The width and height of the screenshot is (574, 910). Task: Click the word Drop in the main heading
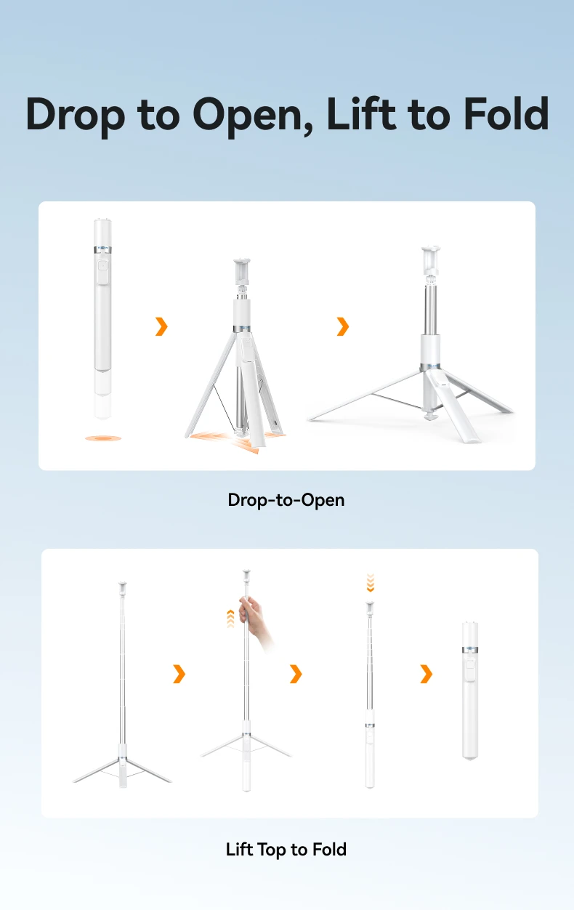pyautogui.click(x=75, y=116)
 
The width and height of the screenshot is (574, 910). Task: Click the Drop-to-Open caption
pyautogui.click(x=286, y=499)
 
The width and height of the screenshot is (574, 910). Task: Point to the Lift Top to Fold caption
pyautogui.click(x=286, y=849)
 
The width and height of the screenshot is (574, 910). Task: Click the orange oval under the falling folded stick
pyautogui.click(x=103, y=438)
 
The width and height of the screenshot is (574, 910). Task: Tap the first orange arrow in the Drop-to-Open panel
pyautogui.click(x=161, y=326)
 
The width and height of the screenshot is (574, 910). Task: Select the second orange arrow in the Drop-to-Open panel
pyautogui.click(x=343, y=326)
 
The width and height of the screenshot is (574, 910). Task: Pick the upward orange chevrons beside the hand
pyautogui.click(x=231, y=619)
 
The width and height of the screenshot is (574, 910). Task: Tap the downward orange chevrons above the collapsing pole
pyautogui.click(x=370, y=583)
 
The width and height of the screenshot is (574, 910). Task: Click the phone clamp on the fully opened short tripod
pyautogui.click(x=431, y=260)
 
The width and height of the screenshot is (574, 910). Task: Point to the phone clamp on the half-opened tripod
pyautogui.click(x=242, y=271)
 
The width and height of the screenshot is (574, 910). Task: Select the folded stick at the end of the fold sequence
pyautogui.click(x=470, y=690)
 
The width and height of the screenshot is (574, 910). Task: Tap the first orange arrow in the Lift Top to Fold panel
pyautogui.click(x=179, y=674)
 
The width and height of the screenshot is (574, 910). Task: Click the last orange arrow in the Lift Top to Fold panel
pyautogui.click(x=426, y=674)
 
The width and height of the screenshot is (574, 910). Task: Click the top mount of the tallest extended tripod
pyautogui.click(x=122, y=588)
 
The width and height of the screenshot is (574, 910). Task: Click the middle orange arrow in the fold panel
pyautogui.click(x=296, y=674)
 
